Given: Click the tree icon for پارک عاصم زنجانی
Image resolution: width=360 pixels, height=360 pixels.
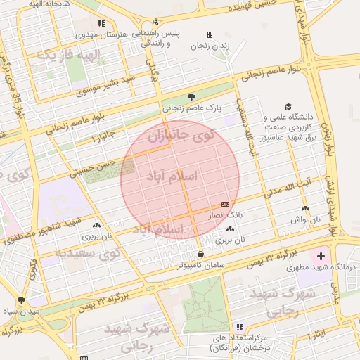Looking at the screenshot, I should [x=192, y=97].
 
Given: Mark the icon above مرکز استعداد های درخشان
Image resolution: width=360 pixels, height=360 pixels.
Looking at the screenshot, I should [x=240, y=328].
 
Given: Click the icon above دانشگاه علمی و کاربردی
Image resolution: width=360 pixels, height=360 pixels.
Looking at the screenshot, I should [x=288, y=106].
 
